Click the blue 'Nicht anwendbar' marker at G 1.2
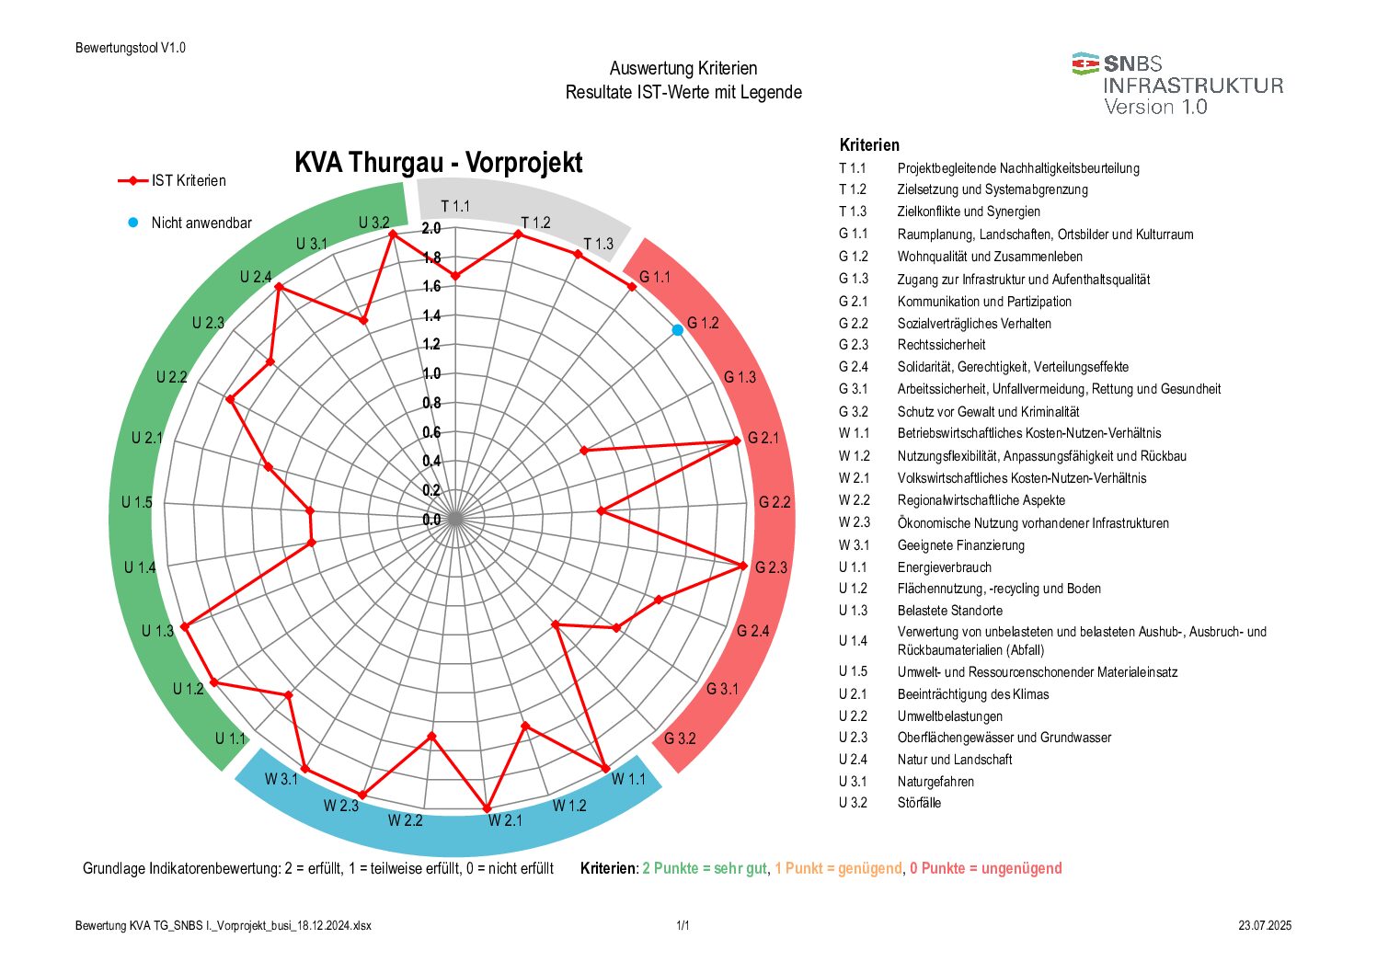coord(678,330)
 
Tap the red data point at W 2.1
coord(488,808)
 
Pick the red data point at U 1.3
coord(185,626)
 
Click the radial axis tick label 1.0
coord(431,373)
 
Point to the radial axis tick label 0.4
coord(431,461)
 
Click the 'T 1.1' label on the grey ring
coord(455,206)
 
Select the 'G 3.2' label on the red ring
coord(680,738)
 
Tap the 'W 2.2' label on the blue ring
coord(405,819)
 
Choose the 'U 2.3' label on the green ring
coord(208,323)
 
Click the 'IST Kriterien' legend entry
coord(189,181)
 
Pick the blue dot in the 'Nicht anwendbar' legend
coord(133,223)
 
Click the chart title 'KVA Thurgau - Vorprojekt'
coord(438,163)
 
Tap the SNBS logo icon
coord(1085,63)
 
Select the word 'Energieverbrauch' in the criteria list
coord(944,567)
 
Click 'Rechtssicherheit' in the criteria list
coord(941,345)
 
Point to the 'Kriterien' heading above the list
coord(869,145)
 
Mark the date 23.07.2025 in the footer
coord(1264,926)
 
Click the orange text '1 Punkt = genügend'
coord(838,868)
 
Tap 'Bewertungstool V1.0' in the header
coord(131,48)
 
